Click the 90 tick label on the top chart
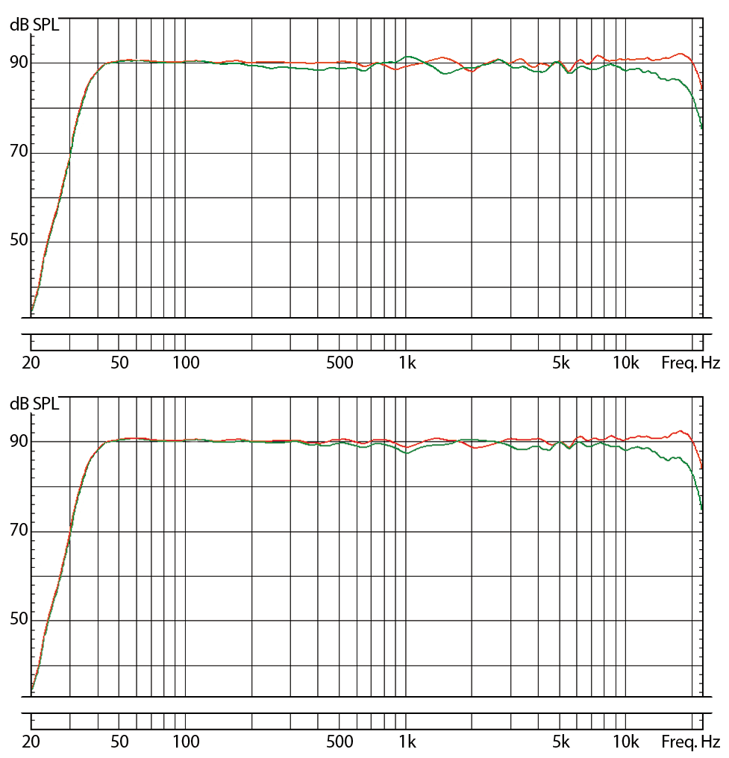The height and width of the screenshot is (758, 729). (19, 63)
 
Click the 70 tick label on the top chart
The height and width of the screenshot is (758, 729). (19, 152)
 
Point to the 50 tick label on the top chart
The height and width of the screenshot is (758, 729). (19, 241)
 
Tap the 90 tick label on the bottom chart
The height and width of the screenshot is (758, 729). (19, 442)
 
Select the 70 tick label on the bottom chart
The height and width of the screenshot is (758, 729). (19, 531)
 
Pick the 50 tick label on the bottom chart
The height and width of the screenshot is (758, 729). (19, 620)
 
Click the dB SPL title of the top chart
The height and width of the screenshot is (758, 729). (34, 25)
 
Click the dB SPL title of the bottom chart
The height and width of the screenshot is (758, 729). (34, 404)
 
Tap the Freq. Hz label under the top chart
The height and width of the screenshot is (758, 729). (690, 363)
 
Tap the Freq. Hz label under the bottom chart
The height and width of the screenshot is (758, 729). (690, 742)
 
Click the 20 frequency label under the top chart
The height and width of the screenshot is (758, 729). (31, 363)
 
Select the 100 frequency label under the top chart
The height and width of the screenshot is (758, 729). (186, 363)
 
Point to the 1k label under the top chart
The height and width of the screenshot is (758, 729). (407, 363)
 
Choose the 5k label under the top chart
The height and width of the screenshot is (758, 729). (560, 363)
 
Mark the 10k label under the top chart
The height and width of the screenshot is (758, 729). (626, 363)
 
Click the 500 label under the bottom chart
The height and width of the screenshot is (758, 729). (340, 742)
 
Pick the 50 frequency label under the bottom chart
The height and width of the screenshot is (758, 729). (119, 742)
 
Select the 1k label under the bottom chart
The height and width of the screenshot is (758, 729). (407, 742)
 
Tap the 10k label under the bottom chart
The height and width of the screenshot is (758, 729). (626, 742)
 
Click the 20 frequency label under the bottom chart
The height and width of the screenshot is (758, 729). (31, 742)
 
